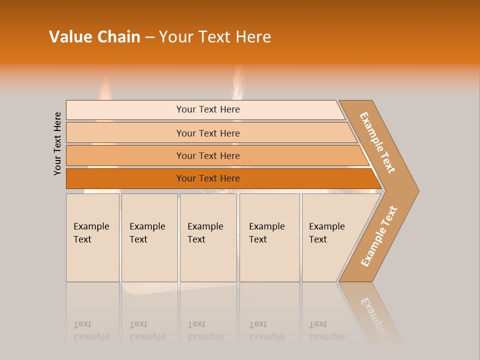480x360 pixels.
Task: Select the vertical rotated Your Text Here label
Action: [x=57, y=143]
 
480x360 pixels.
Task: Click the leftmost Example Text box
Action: [x=92, y=237]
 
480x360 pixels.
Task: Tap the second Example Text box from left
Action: [x=149, y=237]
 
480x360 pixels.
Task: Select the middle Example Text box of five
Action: [x=208, y=237]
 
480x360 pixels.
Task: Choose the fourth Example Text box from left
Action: [x=269, y=237]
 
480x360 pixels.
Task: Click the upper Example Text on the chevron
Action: [x=377, y=142]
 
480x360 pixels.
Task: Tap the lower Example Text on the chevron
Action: [x=378, y=236]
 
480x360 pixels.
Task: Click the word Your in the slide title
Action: [x=175, y=37]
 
